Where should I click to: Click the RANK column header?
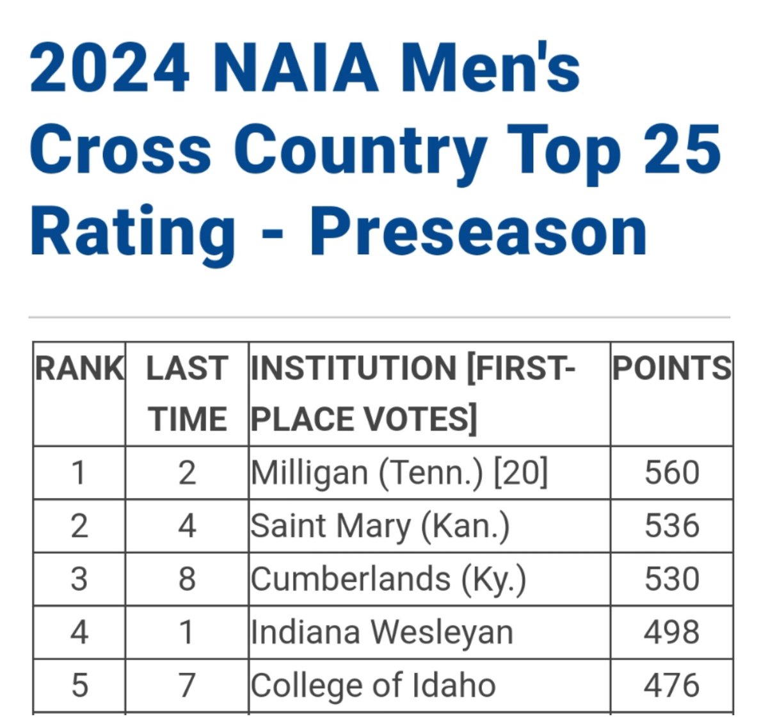click(x=79, y=369)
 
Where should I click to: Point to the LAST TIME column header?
click(x=187, y=394)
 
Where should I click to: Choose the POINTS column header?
click(x=671, y=369)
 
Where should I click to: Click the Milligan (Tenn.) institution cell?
click(x=365, y=474)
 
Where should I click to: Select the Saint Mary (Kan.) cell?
click(x=380, y=527)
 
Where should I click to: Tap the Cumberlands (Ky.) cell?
click(x=388, y=580)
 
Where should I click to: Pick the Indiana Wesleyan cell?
click(x=382, y=633)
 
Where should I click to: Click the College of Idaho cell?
click(x=373, y=686)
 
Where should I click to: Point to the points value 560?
click(x=671, y=474)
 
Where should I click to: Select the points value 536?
click(x=671, y=527)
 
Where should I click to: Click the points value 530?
click(x=671, y=580)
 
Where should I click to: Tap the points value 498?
click(x=671, y=633)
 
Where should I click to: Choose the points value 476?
click(x=671, y=686)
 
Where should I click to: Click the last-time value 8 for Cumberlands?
click(x=187, y=580)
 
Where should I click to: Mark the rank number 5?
click(x=79, y=686)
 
